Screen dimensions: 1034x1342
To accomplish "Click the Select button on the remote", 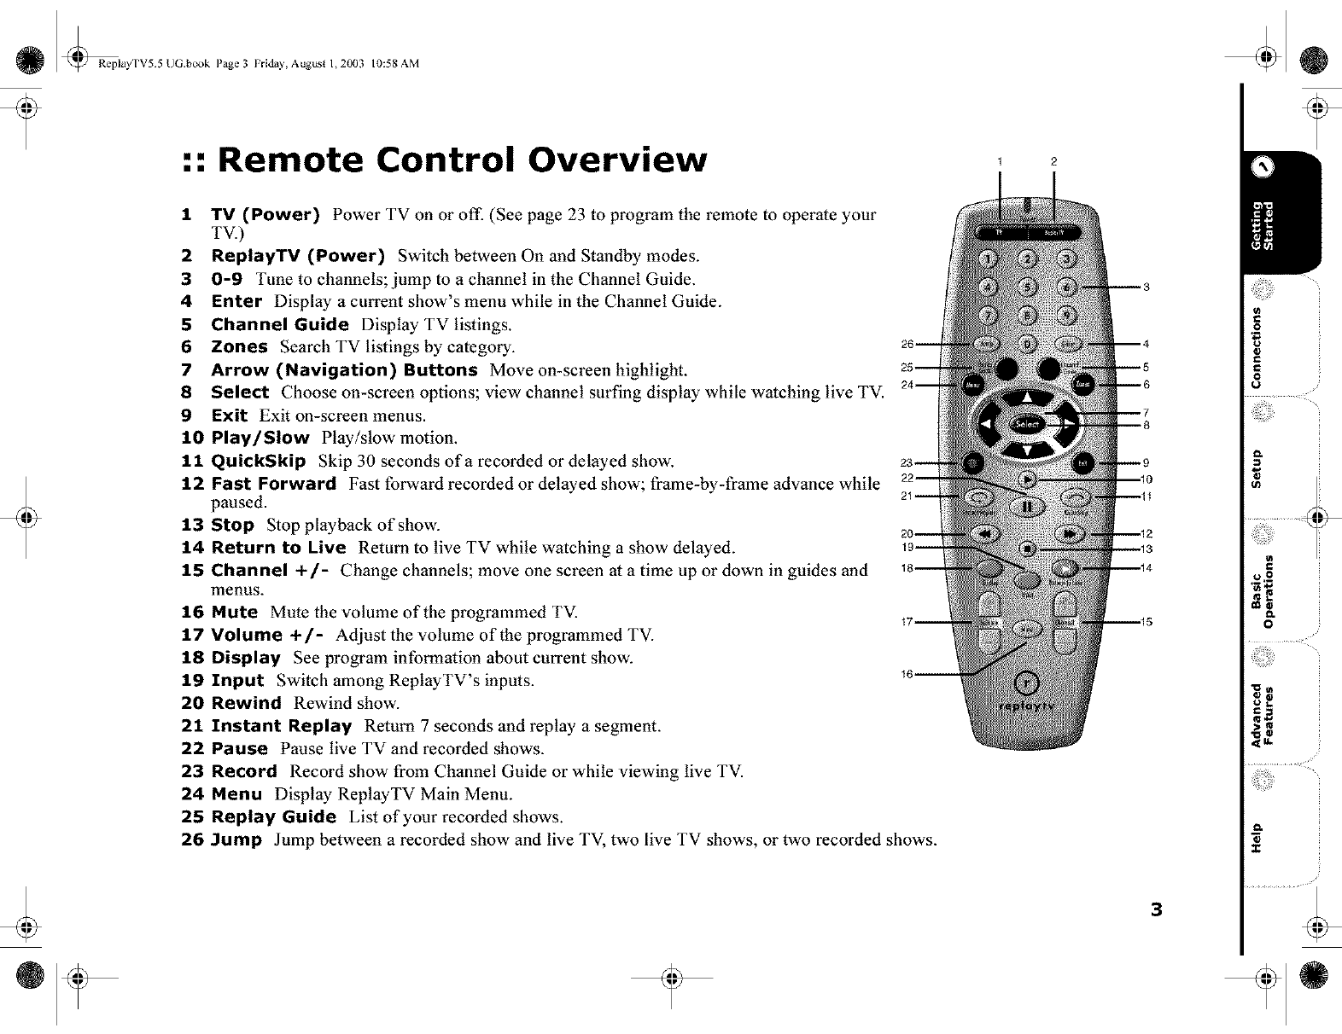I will [1027, 423].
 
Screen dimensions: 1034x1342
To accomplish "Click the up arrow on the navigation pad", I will [1028, 397].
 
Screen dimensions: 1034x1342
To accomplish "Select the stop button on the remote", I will [1028, 548].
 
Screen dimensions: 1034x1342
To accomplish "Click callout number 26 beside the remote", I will [907, 344].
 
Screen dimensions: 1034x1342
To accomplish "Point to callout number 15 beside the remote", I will [1147, 622].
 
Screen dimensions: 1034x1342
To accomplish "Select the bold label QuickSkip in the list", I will [259, 462].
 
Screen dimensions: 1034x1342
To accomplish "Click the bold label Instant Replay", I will [282, 726].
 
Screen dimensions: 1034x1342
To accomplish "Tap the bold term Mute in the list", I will [234, 612].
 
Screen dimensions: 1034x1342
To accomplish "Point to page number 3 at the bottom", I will [1156, 909].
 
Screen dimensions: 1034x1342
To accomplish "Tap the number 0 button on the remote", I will [1028, 344].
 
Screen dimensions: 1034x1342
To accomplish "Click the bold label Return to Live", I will [278, 547].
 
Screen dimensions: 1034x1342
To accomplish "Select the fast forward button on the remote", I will [1069, 534].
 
